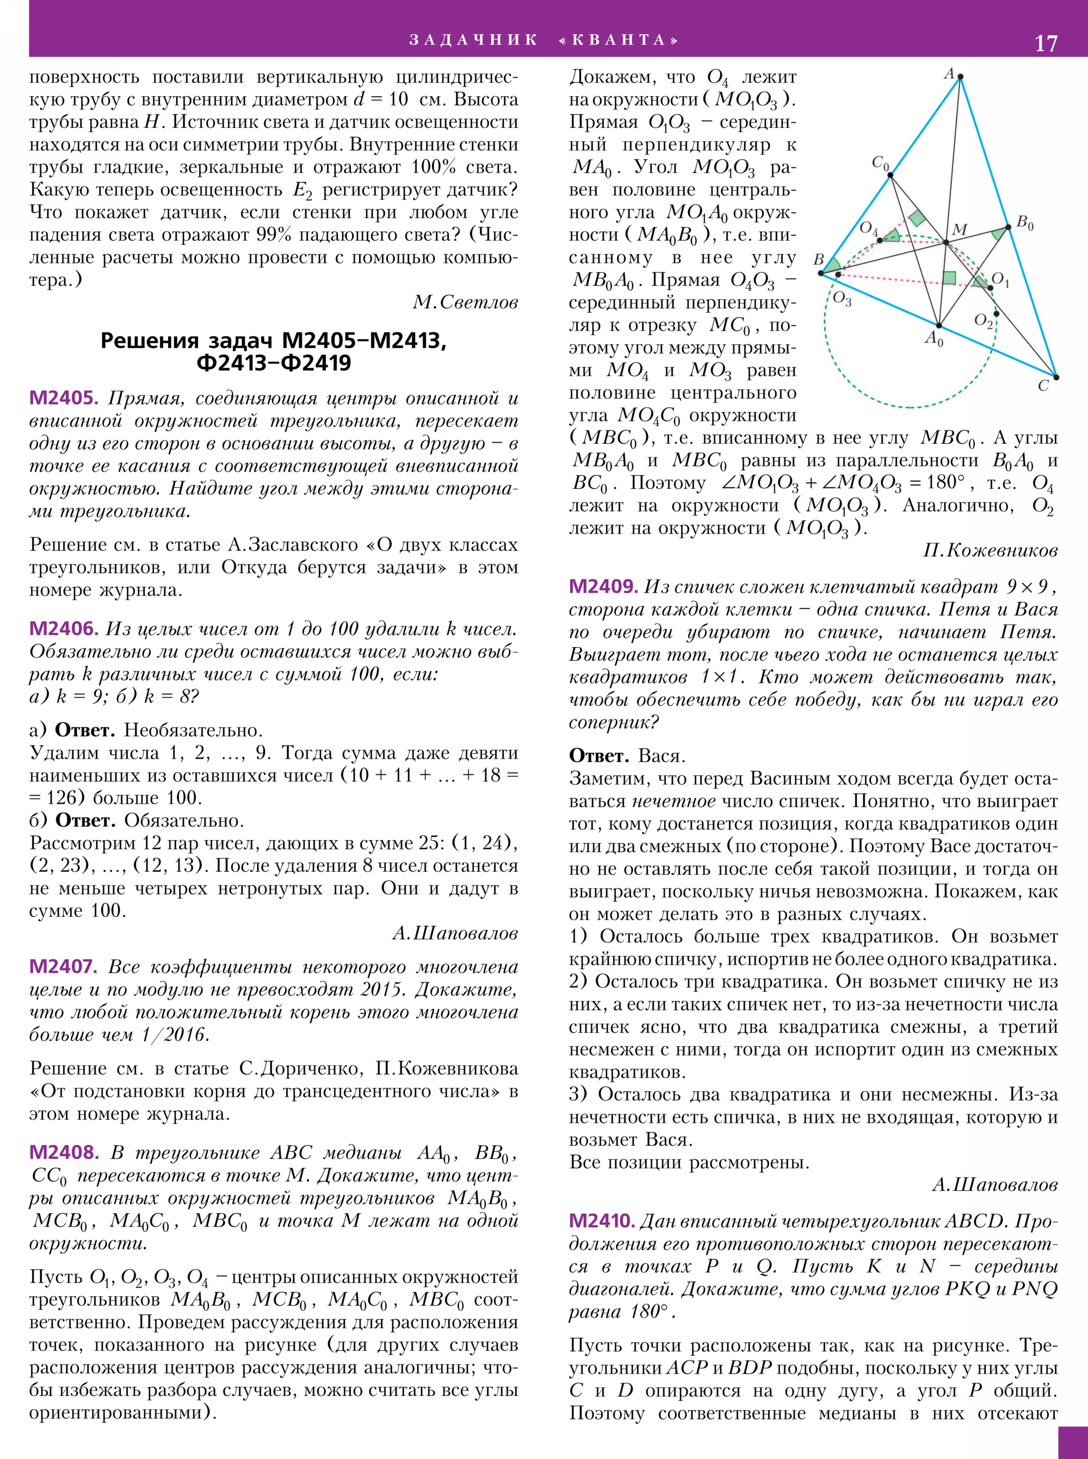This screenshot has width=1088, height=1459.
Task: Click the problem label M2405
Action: [x=63, y=398]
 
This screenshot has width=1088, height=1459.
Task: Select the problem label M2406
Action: [x=63, y=629]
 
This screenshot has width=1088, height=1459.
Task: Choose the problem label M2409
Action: [x=603, y=586]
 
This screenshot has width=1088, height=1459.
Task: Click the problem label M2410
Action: [x=601, y=1221]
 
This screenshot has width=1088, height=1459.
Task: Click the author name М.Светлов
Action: [x=465, y=302]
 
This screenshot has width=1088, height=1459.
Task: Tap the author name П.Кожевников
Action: [x=990, y=550]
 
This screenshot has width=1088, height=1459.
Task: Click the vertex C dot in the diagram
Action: [x=1056, y=377]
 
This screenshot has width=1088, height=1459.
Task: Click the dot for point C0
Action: [x=890, y=175]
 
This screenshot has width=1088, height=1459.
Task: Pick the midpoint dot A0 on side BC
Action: [x=938, y=325]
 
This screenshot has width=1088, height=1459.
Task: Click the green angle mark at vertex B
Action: [x=832, y=265]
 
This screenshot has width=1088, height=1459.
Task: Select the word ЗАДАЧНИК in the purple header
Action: [x=473, y=40]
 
